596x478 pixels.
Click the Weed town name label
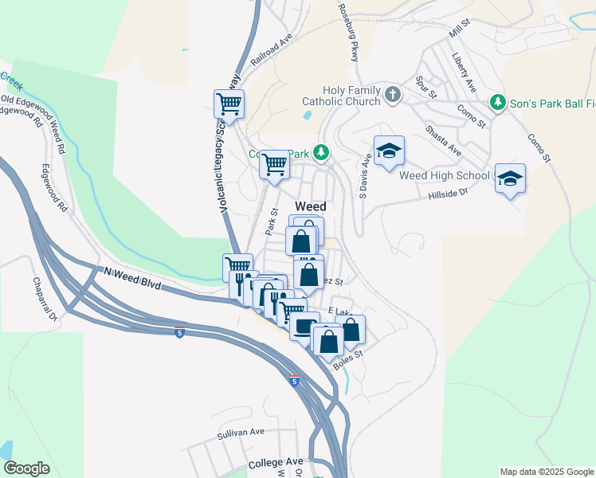(310, 206)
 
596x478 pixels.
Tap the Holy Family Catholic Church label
(340, 96)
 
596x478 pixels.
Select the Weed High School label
(444, 175)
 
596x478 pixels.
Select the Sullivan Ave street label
(241, 432)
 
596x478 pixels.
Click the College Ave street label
(276, 462)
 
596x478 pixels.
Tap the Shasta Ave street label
(443, 140)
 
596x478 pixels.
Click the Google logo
(26, 468)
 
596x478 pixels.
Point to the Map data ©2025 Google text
(546, 472)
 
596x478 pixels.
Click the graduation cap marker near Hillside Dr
(510, 178)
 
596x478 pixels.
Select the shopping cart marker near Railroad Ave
(229, 103)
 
